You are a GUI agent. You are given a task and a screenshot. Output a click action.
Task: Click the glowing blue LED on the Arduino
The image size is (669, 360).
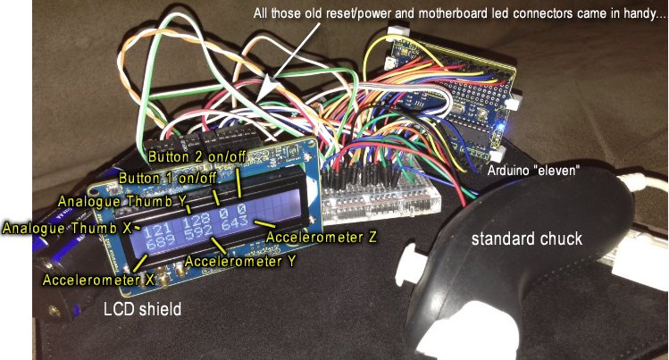pos(506,133)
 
